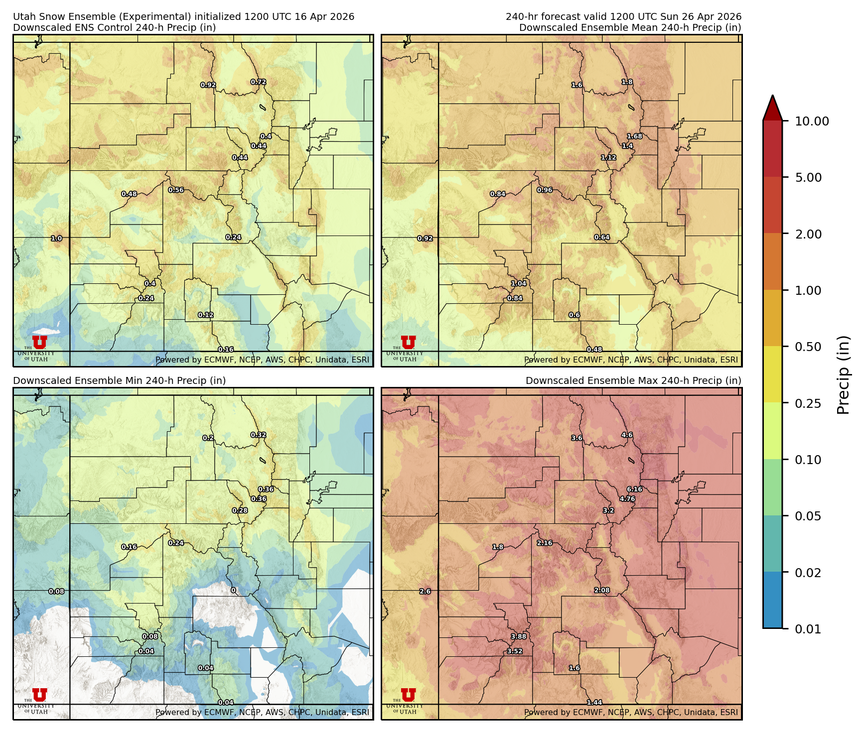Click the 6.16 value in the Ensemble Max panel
tap(634, 489)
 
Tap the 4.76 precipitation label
tap(627, 498)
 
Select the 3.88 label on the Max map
tap(519, 636)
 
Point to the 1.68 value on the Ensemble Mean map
tap(634, 136)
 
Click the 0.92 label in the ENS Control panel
tap(208, 85)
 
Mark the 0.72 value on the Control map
tap(258, 82)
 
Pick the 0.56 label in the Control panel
tap(176, 190)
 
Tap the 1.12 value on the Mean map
tap(608, 157)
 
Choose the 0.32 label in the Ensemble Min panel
tap(258, 435)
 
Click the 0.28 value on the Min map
tap(240, 510)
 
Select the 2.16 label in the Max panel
tap(545, 543)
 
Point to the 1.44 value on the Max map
tap(594, 703)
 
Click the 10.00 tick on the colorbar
tap(812, 121)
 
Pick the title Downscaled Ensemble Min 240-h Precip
tap(120, 380)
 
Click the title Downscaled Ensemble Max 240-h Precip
tap(633, 380)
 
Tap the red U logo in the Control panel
tap(40, 342)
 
